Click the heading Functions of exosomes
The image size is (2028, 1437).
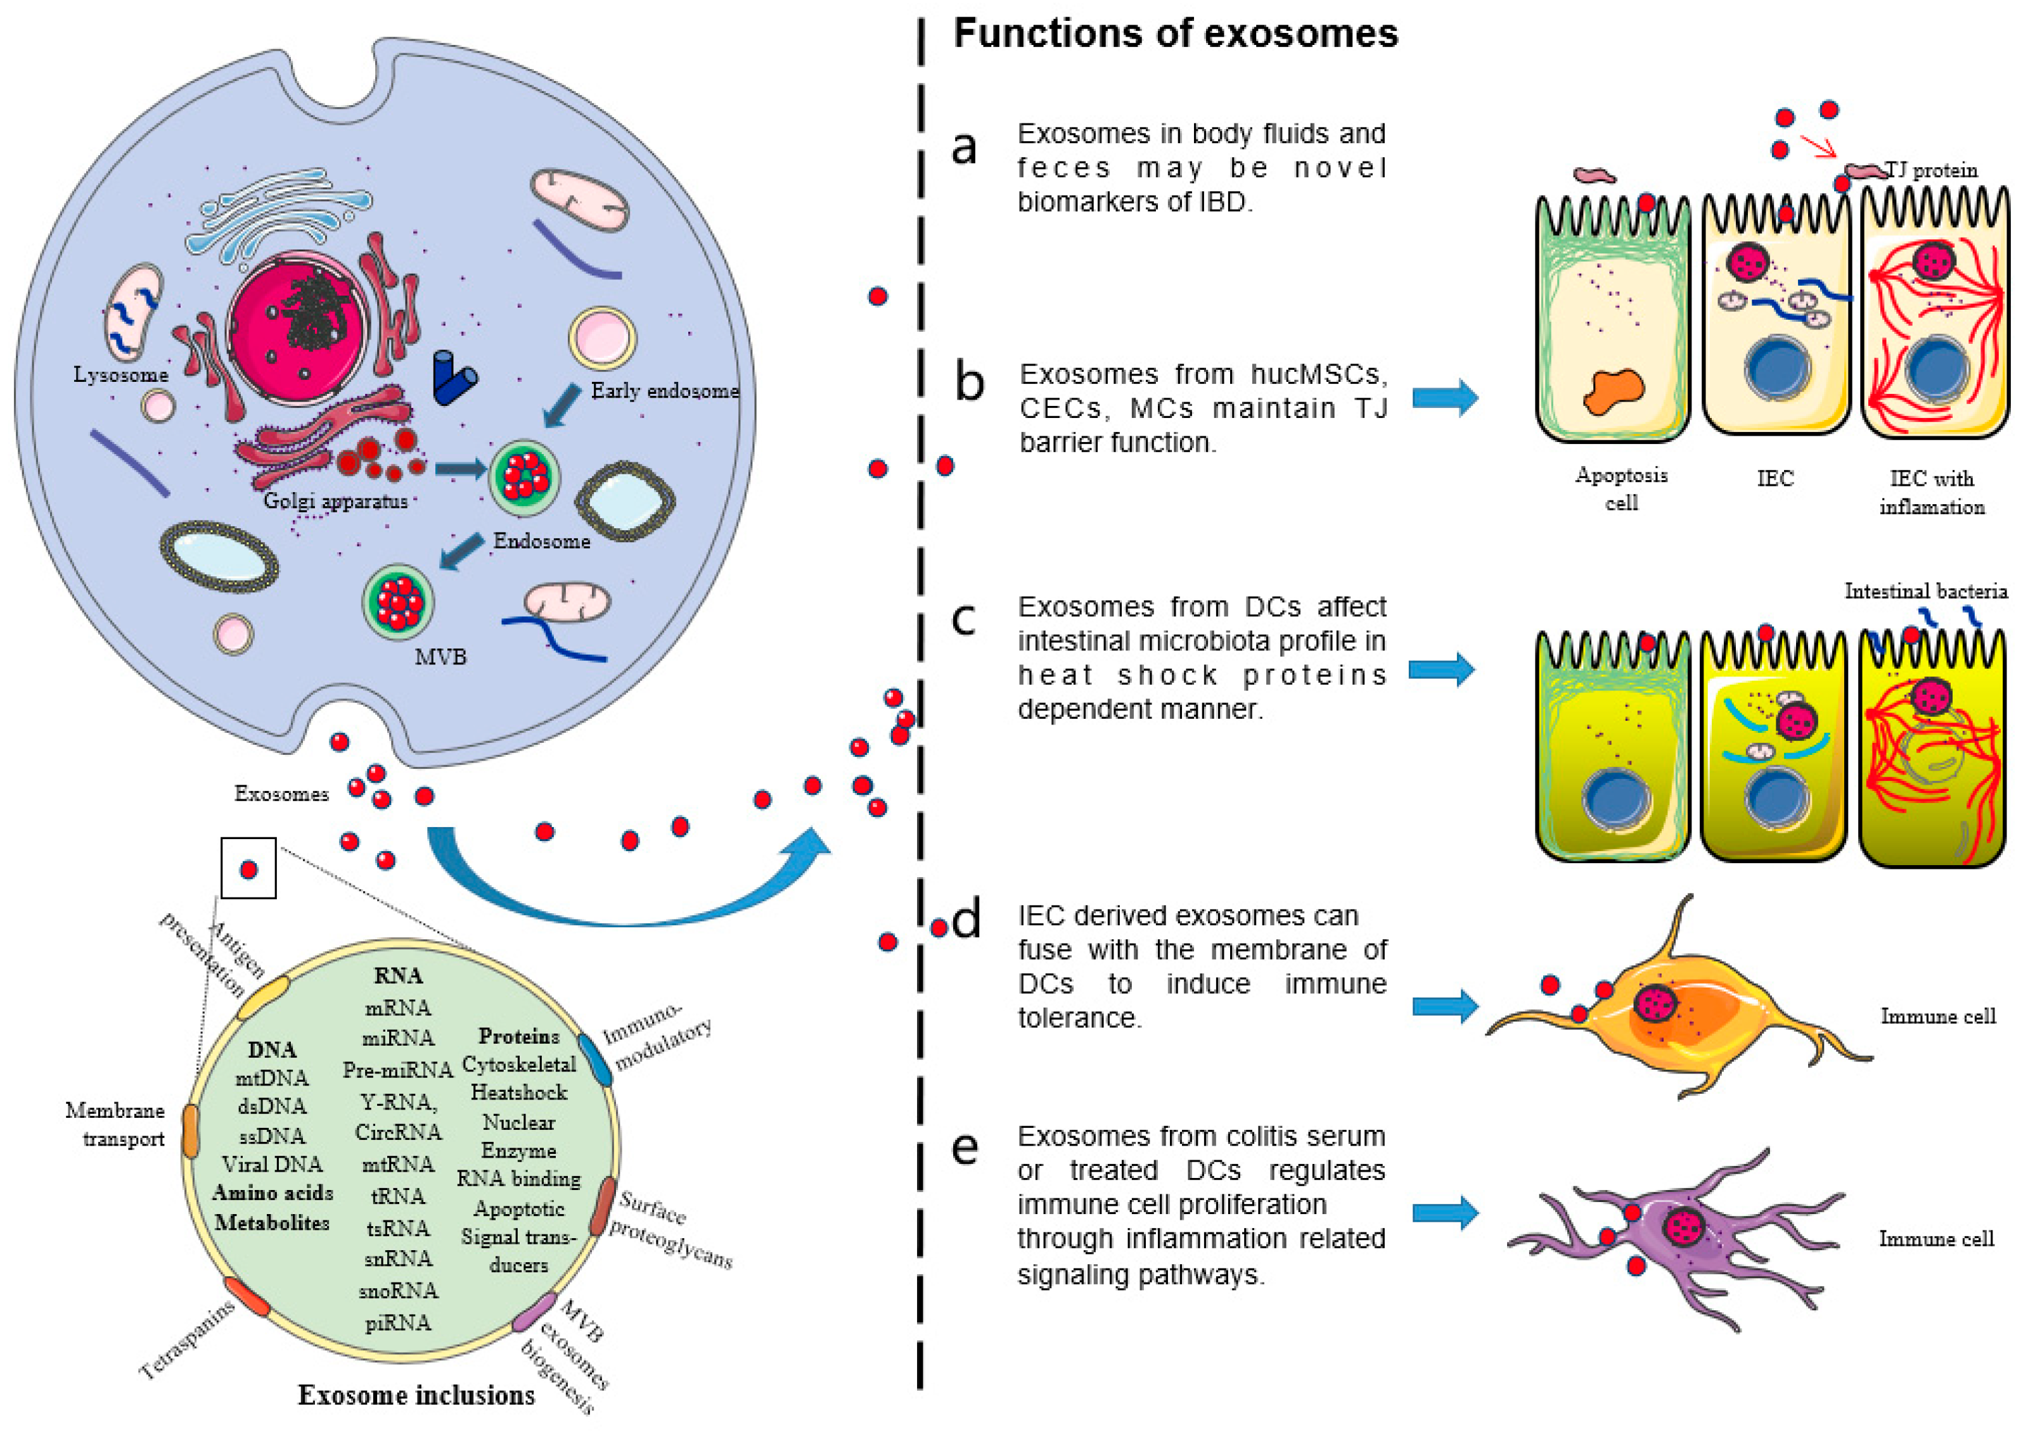[1175, 34]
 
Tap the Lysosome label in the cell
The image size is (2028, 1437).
[120, 374]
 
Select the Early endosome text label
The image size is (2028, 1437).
[664, 390]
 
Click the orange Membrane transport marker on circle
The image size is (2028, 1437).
[189, 1132]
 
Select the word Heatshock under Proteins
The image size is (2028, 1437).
[519, 1093]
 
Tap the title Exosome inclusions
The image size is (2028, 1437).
[416, 1395]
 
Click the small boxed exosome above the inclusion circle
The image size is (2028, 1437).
[248, 869]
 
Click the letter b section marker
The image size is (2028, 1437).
[969, 383]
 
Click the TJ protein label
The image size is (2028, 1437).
[1932, 170]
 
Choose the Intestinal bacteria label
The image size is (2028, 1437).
[1925, 591]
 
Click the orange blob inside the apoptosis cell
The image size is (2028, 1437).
[1613, 391]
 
